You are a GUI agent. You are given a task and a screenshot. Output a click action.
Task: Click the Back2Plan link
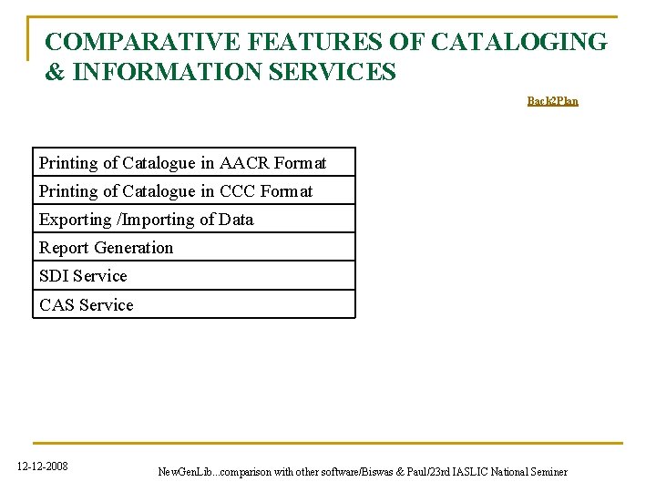point(552,101)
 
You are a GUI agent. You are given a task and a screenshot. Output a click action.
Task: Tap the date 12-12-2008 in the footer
point(42,467)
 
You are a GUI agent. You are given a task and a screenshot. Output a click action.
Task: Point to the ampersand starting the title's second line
point(55,71)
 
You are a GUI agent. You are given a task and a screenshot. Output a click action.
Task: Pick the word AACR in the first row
point(245,163)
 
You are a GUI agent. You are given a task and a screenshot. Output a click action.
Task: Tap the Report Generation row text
point(106,248)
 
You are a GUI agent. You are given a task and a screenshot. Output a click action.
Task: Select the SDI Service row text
point(83,276)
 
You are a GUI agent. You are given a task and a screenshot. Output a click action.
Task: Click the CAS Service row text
point(86,305)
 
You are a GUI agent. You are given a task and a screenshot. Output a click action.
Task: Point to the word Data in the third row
point(236,220)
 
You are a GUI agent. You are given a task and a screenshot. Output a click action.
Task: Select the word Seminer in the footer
point(548,472)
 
